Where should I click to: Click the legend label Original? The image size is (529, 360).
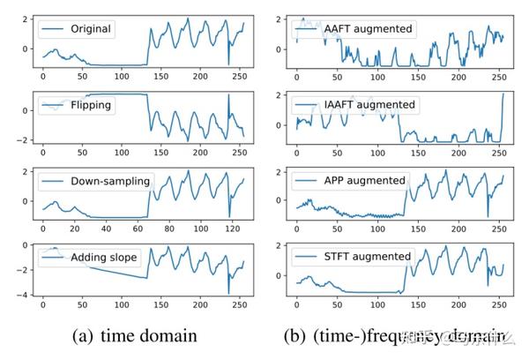pyautogui.click(x=91, y=28)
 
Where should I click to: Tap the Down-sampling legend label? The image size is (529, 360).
pyautogui.click(x=110, y=182)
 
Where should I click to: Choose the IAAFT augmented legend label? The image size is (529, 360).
pyautogui.click(x=369, y=105)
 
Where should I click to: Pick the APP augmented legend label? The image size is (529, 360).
pyautogui.click(x=363, y=181)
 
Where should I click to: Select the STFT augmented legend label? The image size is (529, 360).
pyautogui.click(x=366, y=257)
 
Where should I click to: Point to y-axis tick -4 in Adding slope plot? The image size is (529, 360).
pyautogui.click(x=23, y=295)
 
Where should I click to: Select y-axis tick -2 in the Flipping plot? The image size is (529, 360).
pyautogui.click(x=23, y=139)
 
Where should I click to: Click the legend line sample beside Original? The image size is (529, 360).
pyautogui.click(x=54, y=28)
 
